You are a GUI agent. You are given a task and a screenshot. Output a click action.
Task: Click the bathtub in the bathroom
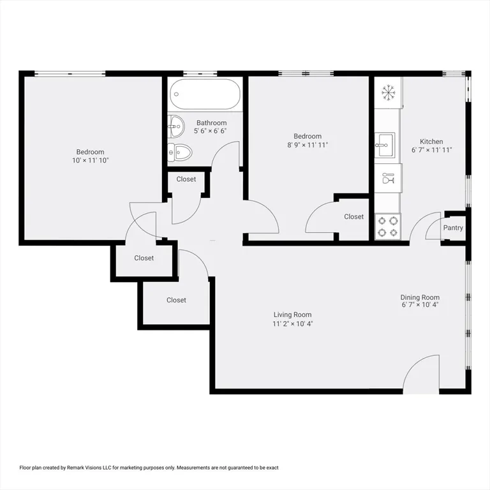coord(205,94)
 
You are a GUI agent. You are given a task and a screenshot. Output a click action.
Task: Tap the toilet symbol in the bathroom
coord(180,152)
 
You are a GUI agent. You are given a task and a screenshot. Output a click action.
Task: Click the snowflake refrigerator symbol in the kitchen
coord(389,93)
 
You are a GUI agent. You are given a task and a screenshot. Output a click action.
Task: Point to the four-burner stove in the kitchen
coord(388,226)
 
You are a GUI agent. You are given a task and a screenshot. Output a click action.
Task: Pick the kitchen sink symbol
coord(385,145)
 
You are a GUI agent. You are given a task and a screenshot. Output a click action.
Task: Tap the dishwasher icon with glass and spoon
coord(388,178)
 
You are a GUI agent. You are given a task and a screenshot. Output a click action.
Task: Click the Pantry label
coord(453,228)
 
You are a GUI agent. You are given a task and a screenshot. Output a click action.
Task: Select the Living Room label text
coord(292,315)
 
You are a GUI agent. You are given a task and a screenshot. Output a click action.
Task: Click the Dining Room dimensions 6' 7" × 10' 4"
coord(420,305)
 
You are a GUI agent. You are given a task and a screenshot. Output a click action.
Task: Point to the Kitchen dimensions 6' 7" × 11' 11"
coord(431,150)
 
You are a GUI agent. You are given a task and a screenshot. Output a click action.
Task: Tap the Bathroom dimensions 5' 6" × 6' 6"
coord(210,131)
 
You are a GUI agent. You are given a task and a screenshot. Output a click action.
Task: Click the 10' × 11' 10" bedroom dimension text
coord(91,161)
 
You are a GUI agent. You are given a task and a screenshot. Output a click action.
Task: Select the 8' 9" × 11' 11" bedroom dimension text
coord(308,145)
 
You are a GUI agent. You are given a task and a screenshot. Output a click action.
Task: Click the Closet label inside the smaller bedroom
coord(353,216)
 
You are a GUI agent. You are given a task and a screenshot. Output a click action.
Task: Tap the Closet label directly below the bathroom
coord(186,179)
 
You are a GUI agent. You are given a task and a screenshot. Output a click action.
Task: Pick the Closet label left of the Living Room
coord(176,300)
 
